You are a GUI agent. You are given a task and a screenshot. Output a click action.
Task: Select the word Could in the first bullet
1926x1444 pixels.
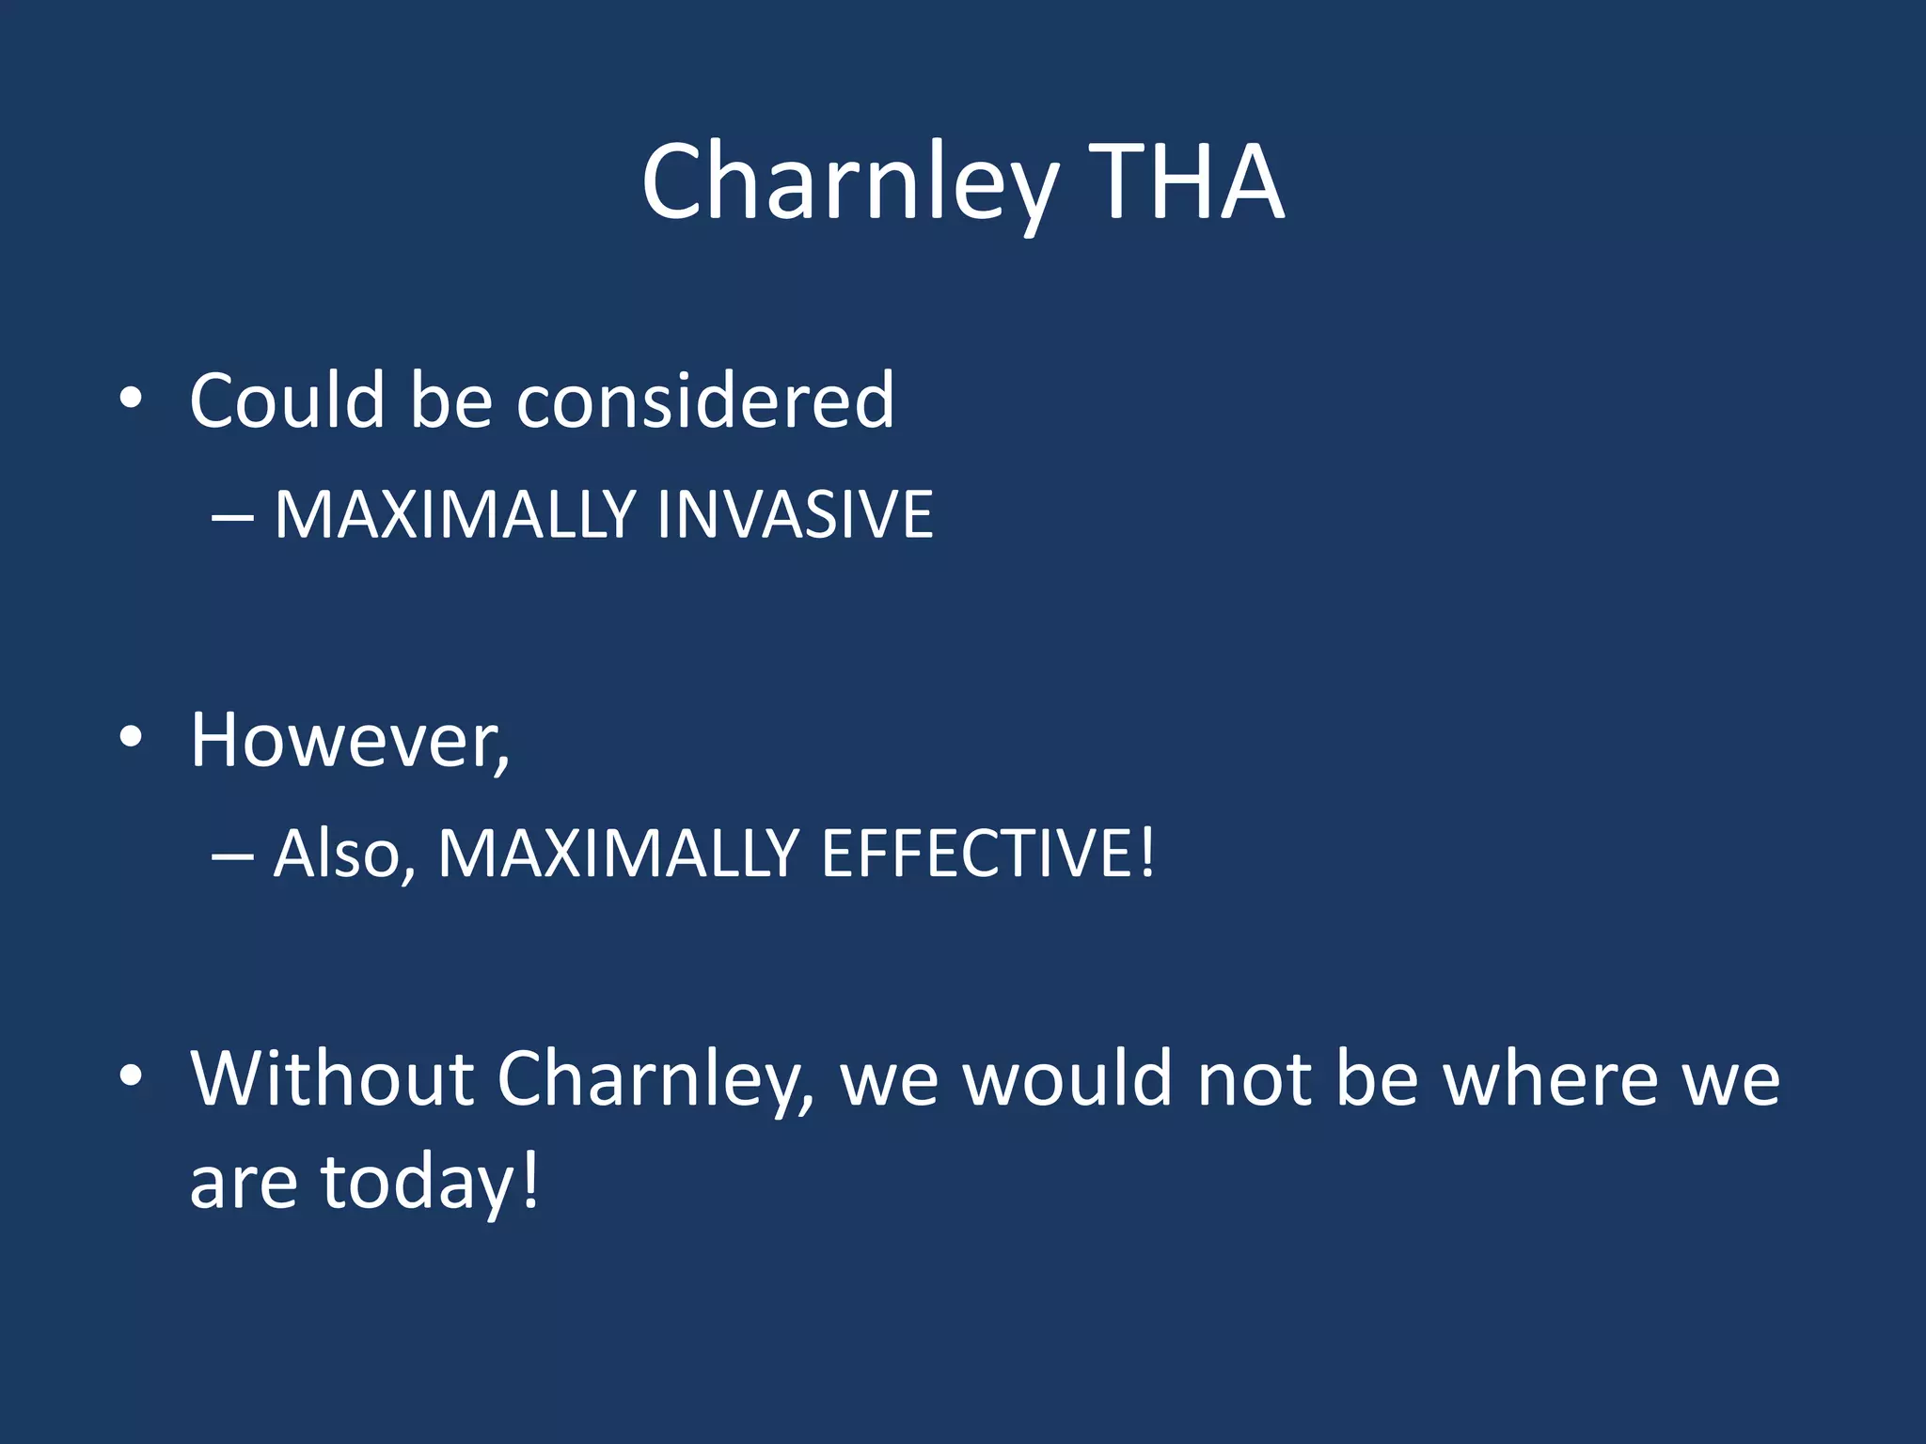point(288,400)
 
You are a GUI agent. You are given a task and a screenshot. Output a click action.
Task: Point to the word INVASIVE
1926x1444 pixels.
point(795,515)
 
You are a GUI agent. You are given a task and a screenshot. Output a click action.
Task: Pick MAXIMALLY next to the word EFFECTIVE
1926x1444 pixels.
point(619,854)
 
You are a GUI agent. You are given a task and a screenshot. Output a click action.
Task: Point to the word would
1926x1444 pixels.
point(1068,1079)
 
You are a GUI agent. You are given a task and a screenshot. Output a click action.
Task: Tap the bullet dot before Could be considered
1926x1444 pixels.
point(131,400)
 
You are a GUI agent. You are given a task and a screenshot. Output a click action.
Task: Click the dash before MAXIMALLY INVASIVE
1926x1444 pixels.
point(232,517)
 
